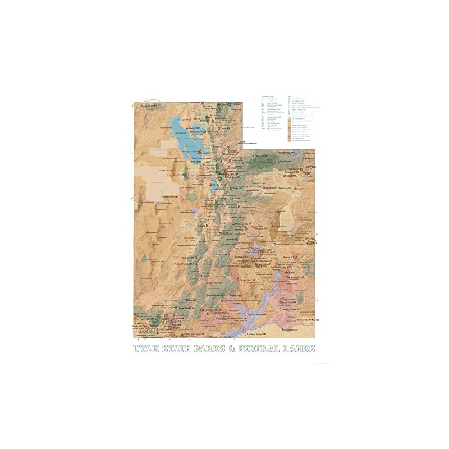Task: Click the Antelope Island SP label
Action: [191, 151]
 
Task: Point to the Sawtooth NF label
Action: [147, 105]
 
